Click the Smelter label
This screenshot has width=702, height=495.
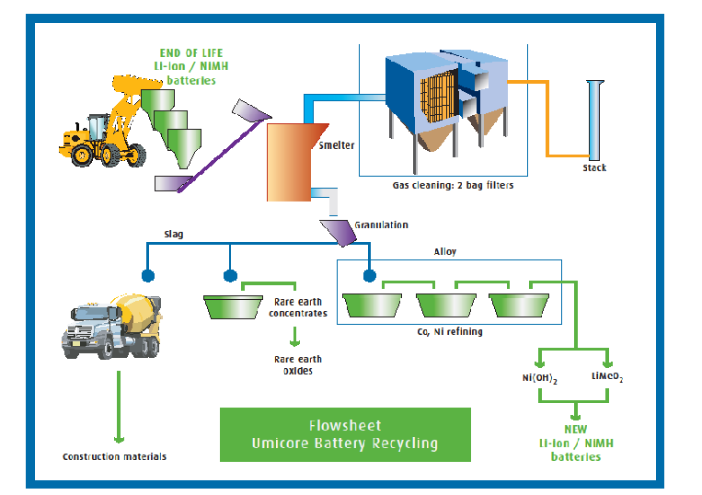(x=336, y=145)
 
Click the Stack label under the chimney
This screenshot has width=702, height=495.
(x=594, y=168)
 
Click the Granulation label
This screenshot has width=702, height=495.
(x=381, y=224)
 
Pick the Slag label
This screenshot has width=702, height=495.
(x=174, y=234)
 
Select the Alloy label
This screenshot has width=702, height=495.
(x=445, y=250)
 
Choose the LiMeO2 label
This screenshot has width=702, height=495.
(x=606, y=377)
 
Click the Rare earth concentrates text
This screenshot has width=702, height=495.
(x=298, y=307)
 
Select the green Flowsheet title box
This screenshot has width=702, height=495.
(x=344, y=435)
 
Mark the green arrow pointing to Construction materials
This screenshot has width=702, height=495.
(x=118, y=405)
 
